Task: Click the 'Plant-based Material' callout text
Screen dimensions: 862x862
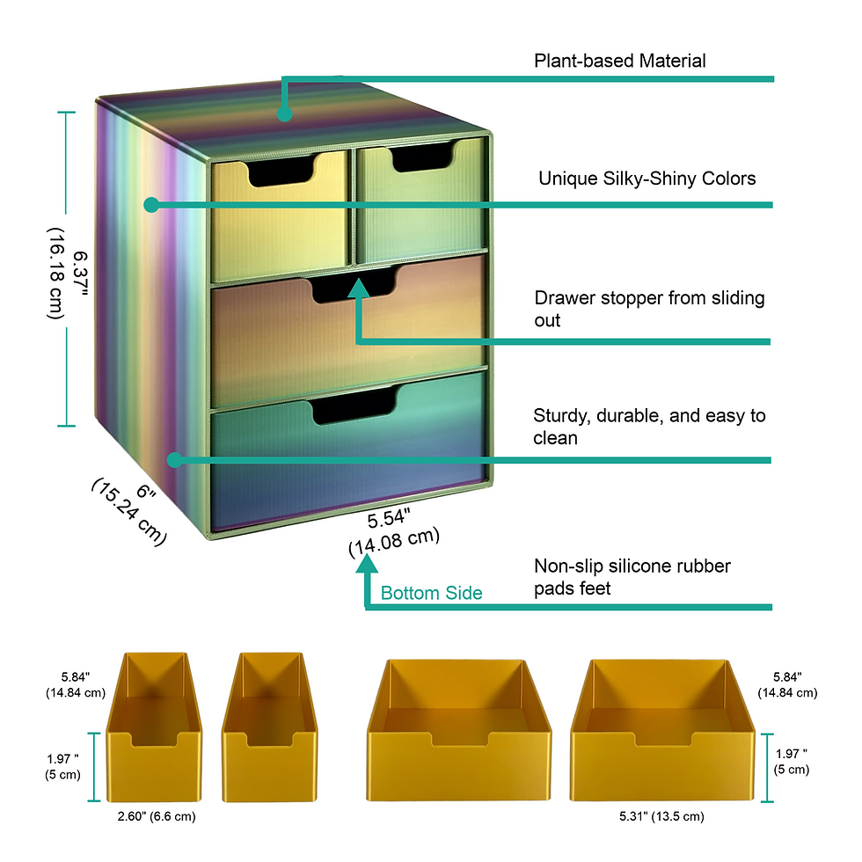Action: coord(620,61)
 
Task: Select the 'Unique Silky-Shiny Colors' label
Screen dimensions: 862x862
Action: coord(646,179)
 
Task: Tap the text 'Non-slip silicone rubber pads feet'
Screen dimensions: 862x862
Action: coord(632,577)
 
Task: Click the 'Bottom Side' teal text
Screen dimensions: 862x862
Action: coord(431,593)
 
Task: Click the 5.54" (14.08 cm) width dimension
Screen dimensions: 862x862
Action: coord(393,532)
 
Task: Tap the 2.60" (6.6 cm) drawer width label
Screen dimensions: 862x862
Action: coord(157,816)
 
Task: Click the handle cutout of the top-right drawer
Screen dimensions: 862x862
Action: coord(422,157)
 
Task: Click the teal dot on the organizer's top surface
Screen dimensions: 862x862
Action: coord(284,113)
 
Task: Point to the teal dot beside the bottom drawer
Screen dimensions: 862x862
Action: coord(174,459)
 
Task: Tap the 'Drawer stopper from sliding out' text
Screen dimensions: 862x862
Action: coord(649,308)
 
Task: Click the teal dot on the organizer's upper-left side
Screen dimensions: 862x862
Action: coord(151,205)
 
